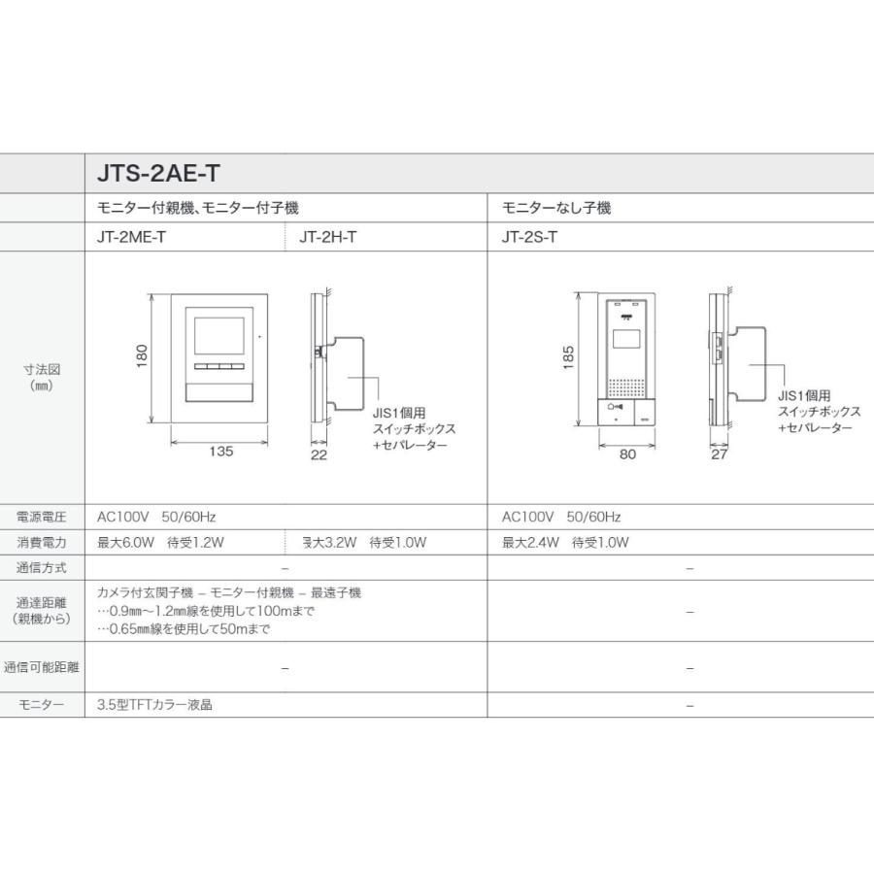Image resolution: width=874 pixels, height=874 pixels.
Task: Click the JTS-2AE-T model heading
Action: [159, 174]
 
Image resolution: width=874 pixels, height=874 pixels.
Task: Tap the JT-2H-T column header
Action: [328, 236]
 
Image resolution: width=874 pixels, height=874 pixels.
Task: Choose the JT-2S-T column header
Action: [529, 236]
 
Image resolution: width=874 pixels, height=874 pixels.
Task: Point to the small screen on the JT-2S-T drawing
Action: [627, 340]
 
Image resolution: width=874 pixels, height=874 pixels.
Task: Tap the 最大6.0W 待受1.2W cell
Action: [161, 543]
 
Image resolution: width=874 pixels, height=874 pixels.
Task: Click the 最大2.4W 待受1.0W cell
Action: [566, 543]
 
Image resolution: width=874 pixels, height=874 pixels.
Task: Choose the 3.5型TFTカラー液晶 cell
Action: [155, 705]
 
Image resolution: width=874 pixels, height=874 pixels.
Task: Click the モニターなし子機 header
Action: [556, 208]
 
